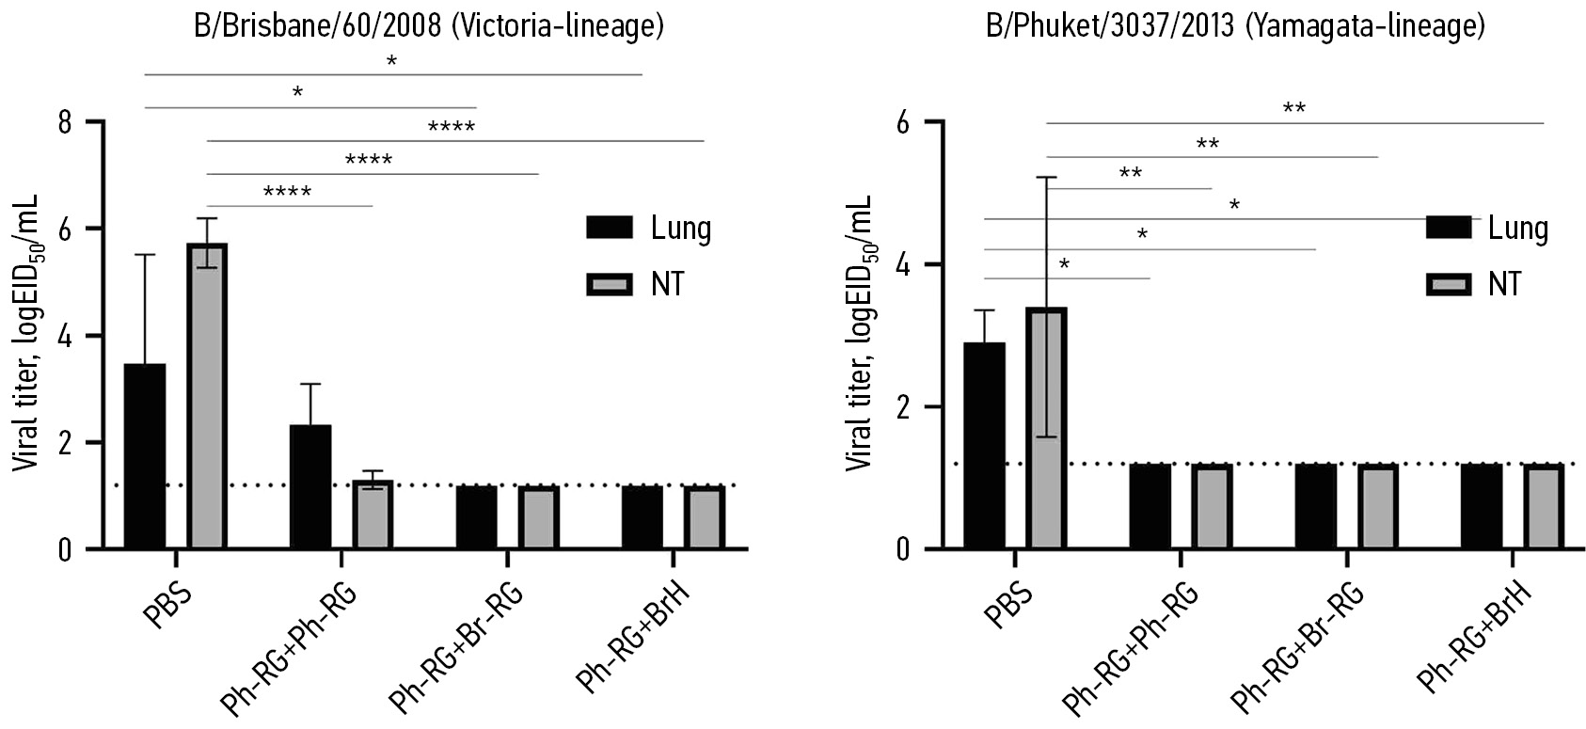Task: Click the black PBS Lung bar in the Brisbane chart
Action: point(144,456)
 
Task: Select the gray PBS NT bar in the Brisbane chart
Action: point(206,395)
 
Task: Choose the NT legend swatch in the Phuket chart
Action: point(1449,282)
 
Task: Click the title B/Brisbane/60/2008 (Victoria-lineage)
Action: point(429,25)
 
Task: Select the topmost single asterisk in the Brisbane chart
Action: point(391,62)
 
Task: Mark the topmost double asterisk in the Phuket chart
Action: point(1294,109)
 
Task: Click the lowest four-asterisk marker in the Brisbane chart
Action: point(287,193)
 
